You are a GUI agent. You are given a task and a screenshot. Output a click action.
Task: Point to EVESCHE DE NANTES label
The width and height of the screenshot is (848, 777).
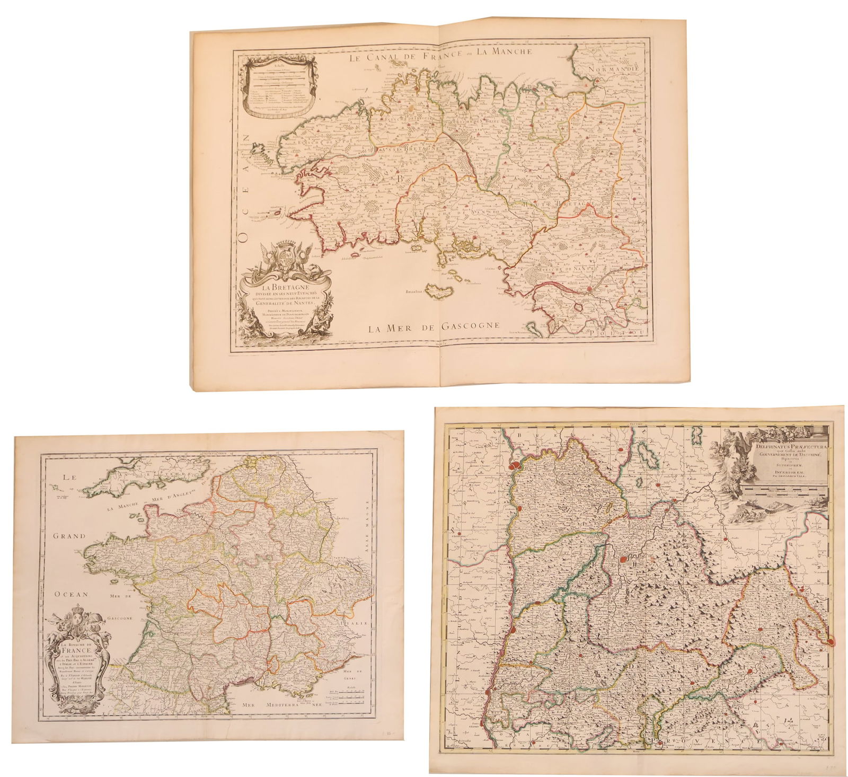tap(556, 268)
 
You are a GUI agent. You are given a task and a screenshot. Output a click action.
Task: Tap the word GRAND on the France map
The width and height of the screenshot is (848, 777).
tap(69, 536)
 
